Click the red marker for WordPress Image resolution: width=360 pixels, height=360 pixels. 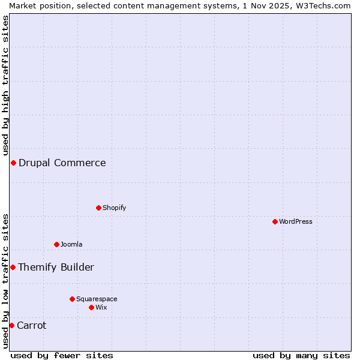(x=275, y=221)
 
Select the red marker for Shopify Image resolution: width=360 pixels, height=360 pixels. (x=98, y=208)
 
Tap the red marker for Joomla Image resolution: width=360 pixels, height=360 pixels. (x=56, y=244)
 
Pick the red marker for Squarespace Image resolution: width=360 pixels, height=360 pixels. (x=72, y=299)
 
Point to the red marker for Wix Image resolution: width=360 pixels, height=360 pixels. (x=91, y=307)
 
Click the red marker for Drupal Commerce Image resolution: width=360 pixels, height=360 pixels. (x=13, y=163)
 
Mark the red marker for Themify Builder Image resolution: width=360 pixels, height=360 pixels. (x=13, y=267)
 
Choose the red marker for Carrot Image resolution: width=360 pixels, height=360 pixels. (x=11, y=325)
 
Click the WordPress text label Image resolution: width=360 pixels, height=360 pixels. (x=296, y=221)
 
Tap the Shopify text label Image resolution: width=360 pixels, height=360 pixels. (x=115, y=208)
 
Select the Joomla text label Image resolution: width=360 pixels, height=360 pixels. (x=71, y=244)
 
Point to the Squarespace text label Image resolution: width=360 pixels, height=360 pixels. (x=97, y=299)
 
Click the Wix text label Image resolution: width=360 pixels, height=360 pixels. (x=101, y=307)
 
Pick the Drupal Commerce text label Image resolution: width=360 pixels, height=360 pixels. (x=62, y=163)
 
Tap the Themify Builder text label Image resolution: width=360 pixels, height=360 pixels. (x=56, y=267)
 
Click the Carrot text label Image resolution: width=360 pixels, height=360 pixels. (x=32, y=325)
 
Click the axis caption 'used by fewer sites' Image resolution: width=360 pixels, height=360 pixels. (x=62, y=355)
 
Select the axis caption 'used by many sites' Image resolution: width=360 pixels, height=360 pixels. (x=301, y=355)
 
